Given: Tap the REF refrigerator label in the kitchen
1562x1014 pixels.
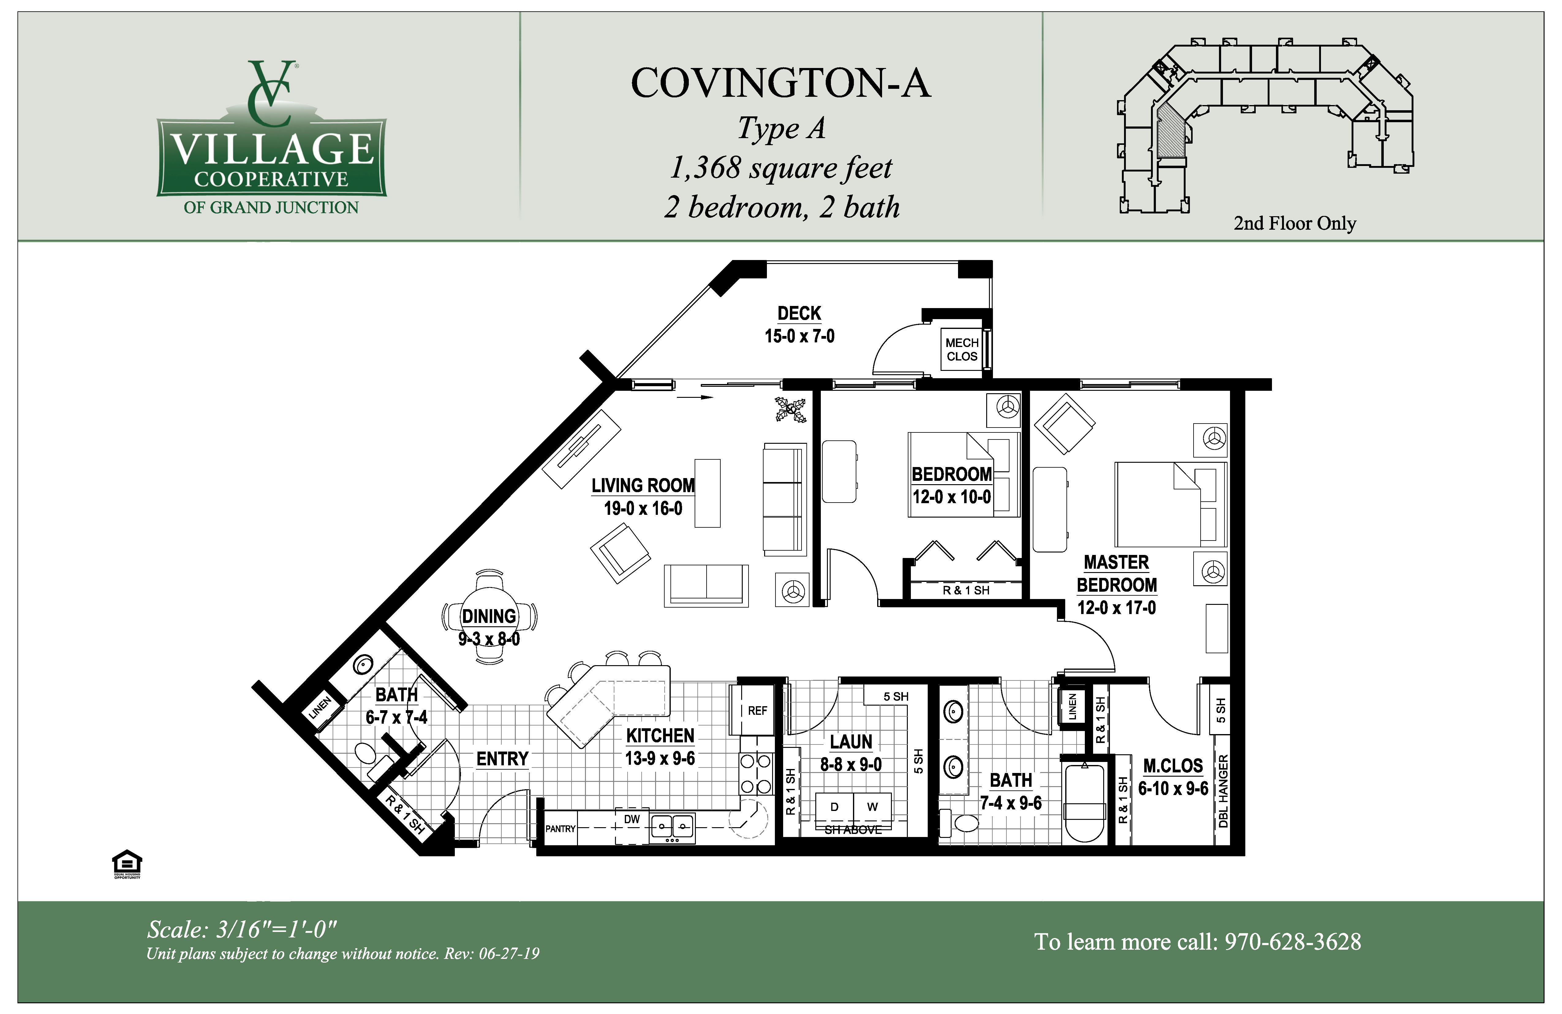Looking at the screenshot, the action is coord(757,711).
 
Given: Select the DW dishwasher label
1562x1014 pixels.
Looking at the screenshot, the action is coord(631,820).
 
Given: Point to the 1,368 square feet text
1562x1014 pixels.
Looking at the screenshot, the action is coord(780,168).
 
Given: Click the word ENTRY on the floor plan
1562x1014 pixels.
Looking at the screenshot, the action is coord(502,759).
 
